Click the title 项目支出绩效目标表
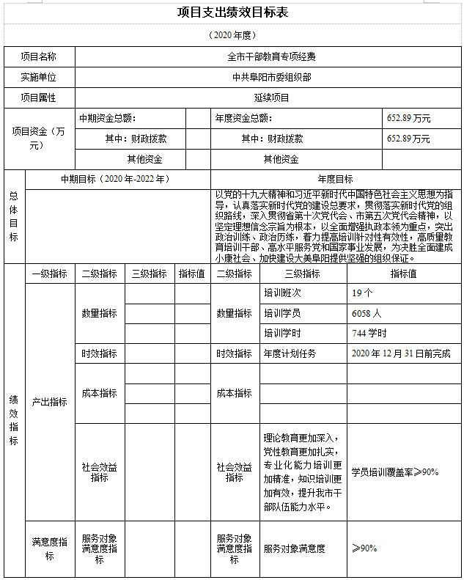point(232,12)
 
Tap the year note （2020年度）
point(232,35)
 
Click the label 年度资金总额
point(243,118)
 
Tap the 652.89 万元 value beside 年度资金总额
point(408,118)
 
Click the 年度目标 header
point(335,179)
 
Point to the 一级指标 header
point(50,274)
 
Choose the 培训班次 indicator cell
point(282,293)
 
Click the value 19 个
point(363,293)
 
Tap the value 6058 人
point(367,313)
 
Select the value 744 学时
point(369,333)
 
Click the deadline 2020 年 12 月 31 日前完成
point(401,353)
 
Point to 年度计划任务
point(290,353)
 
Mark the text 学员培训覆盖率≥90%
point(394,472)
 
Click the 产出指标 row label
point(49,403)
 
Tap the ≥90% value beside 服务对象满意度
point(364,548)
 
